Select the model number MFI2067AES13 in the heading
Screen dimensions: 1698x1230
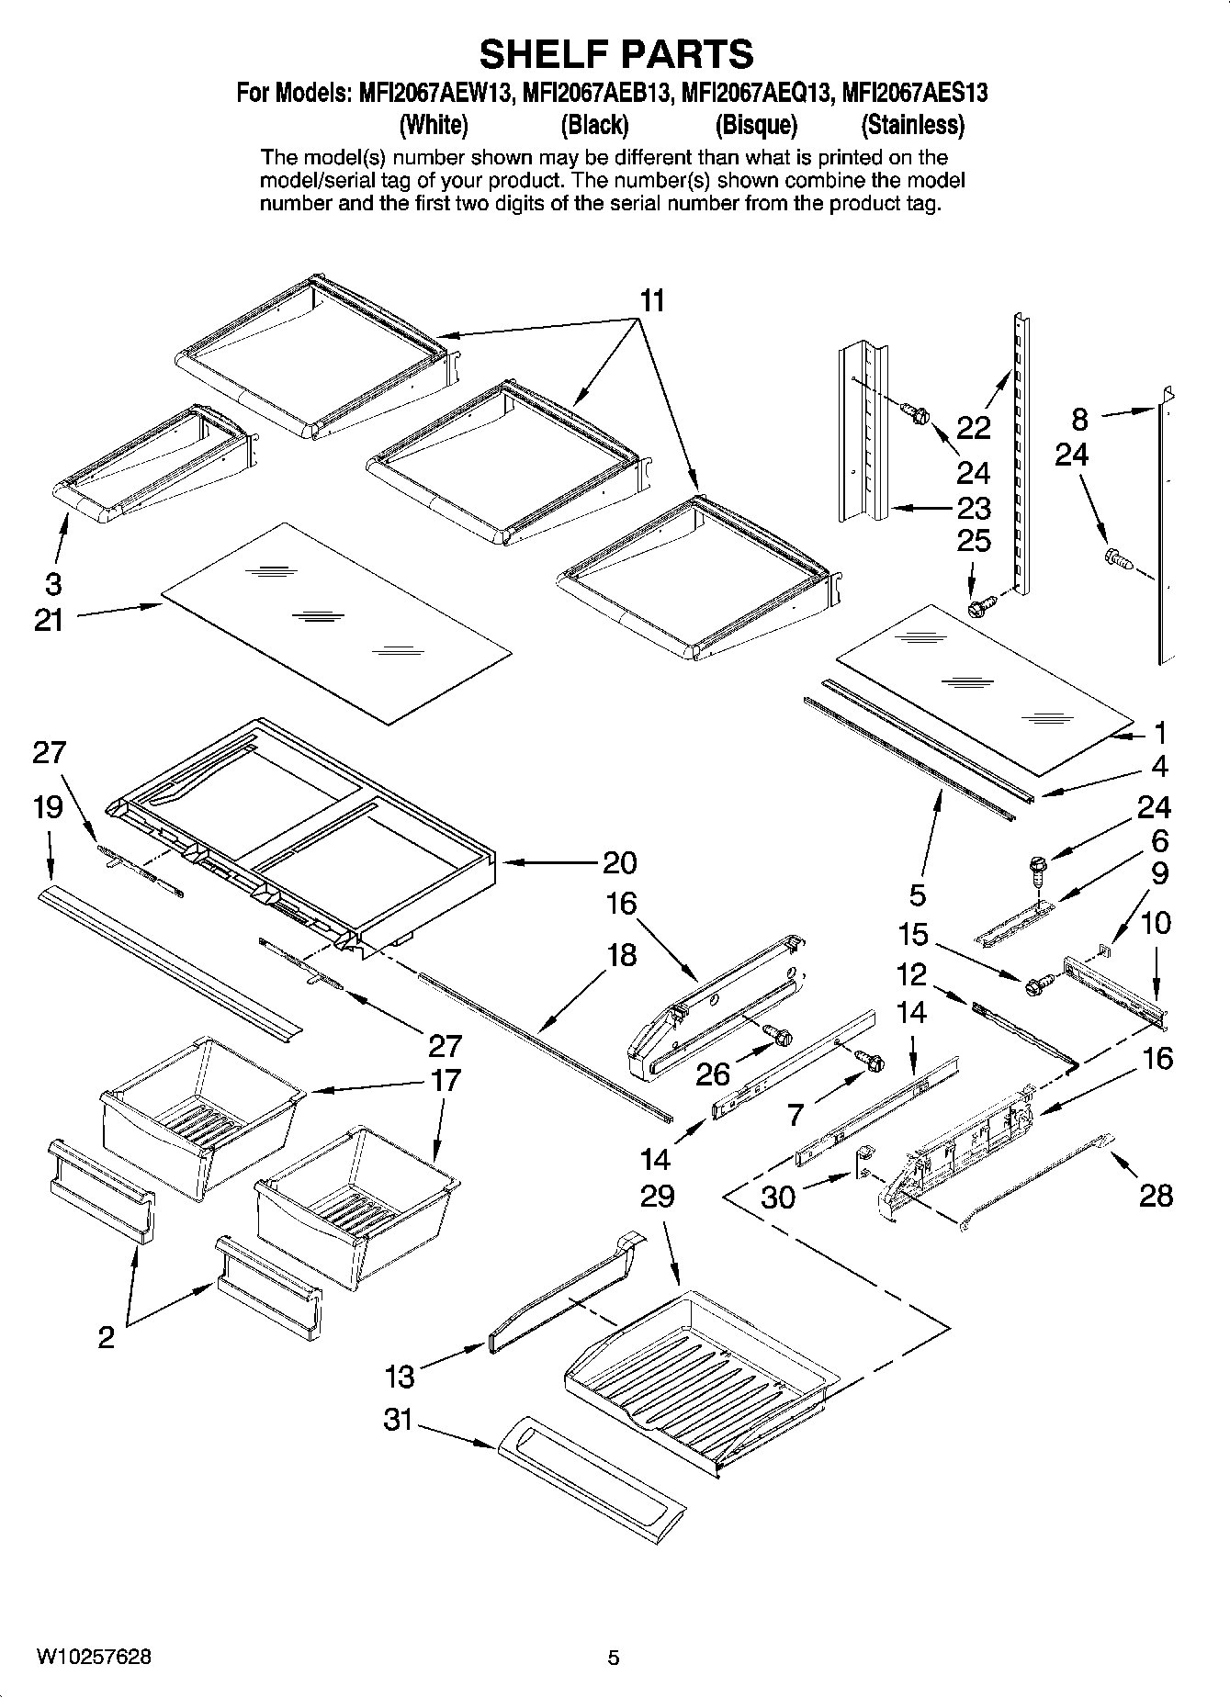tap(914, 93)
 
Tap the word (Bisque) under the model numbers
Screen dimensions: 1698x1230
tap(756, 125)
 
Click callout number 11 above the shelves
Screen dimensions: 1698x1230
tap(651, 300)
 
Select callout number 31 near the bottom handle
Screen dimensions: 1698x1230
tap(398, 1420)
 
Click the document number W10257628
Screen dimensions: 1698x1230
tap(94, 1658)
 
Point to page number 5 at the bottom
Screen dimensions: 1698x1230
tap(614, 1658)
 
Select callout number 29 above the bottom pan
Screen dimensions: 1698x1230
tap(657, 1196)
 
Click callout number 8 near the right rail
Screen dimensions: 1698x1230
tap(1079, 420)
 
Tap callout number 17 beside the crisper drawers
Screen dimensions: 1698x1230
tap(446, 1080)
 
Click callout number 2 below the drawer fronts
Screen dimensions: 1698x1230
tap(107, 1336)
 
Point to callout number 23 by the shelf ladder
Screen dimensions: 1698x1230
tap(974, 507)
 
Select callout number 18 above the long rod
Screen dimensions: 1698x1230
tap(622, 955)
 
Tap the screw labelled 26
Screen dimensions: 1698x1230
tap(782, 1038)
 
